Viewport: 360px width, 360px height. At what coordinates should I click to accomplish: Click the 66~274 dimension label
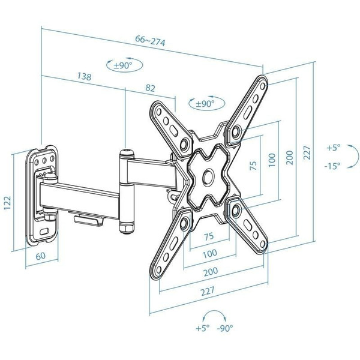coord(150,41)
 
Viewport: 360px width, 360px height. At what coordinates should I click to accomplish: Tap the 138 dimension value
coord(84,76)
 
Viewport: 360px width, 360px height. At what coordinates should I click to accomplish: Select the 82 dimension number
coord(150,88)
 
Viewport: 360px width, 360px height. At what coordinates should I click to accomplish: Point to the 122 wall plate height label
coord(8,203)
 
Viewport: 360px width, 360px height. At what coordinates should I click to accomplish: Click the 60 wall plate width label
coord(41,256)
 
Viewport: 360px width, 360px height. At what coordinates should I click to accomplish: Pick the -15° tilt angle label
coord(332,166)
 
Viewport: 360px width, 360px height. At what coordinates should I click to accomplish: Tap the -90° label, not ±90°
coord(225,328)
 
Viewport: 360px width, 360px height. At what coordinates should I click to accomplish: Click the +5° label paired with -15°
coord(334,148)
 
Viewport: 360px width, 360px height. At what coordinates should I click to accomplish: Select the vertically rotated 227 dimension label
coord(307,152)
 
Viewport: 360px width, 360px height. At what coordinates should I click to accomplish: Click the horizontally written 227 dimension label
coord(208,291)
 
